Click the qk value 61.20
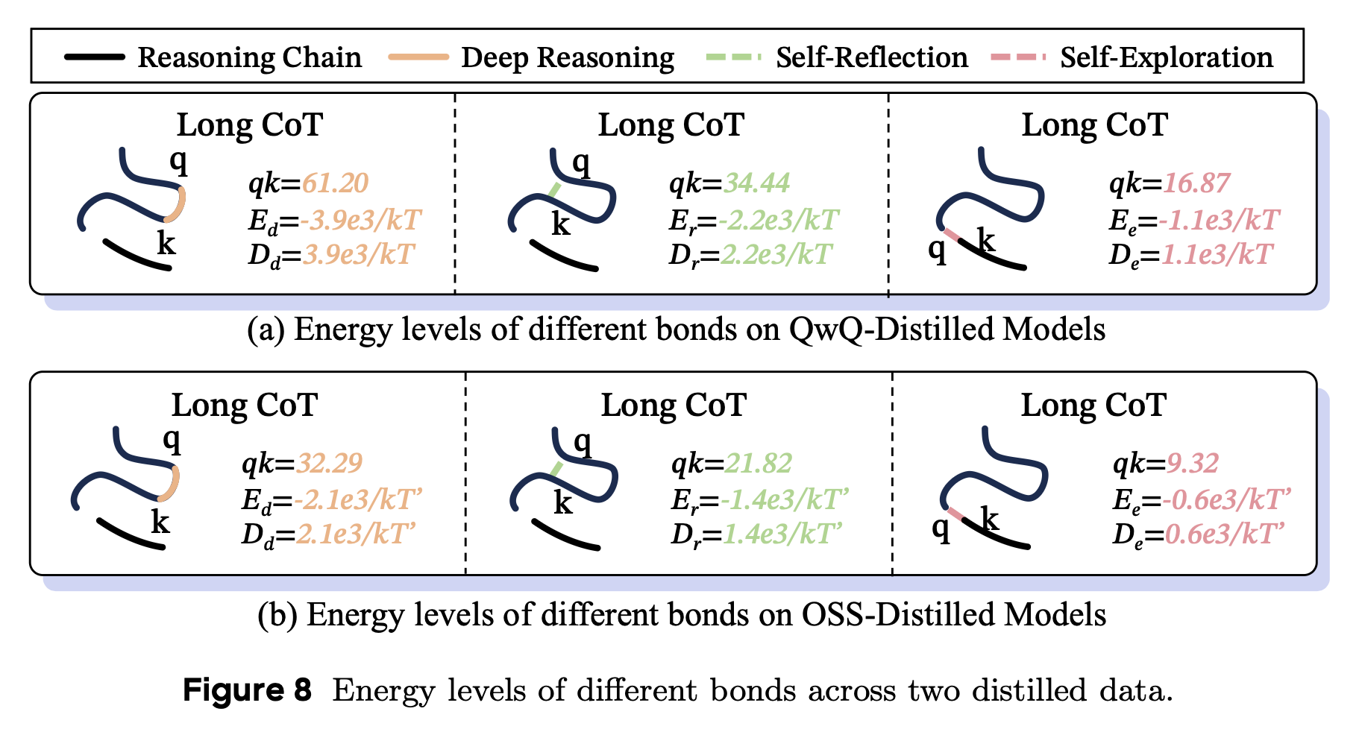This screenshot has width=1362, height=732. click(336, 183)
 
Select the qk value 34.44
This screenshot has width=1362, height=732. click(756, 183)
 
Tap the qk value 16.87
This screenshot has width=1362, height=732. click(1196, 183)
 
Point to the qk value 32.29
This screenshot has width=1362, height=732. click(329, 464)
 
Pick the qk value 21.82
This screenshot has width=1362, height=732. click(758, 464)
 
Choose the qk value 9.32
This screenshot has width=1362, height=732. click(1192, 464)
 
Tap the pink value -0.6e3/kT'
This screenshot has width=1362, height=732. click(1226, 499)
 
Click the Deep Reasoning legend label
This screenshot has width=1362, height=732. click(567, 57)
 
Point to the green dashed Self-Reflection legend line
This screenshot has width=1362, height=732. click(734, 57)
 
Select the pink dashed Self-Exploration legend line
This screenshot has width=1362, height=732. click(1019, 57)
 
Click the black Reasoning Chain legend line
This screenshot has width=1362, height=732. click(95, 57)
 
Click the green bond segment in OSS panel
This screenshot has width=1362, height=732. click(556, 469)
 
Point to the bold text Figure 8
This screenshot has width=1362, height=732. click(247, 690)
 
